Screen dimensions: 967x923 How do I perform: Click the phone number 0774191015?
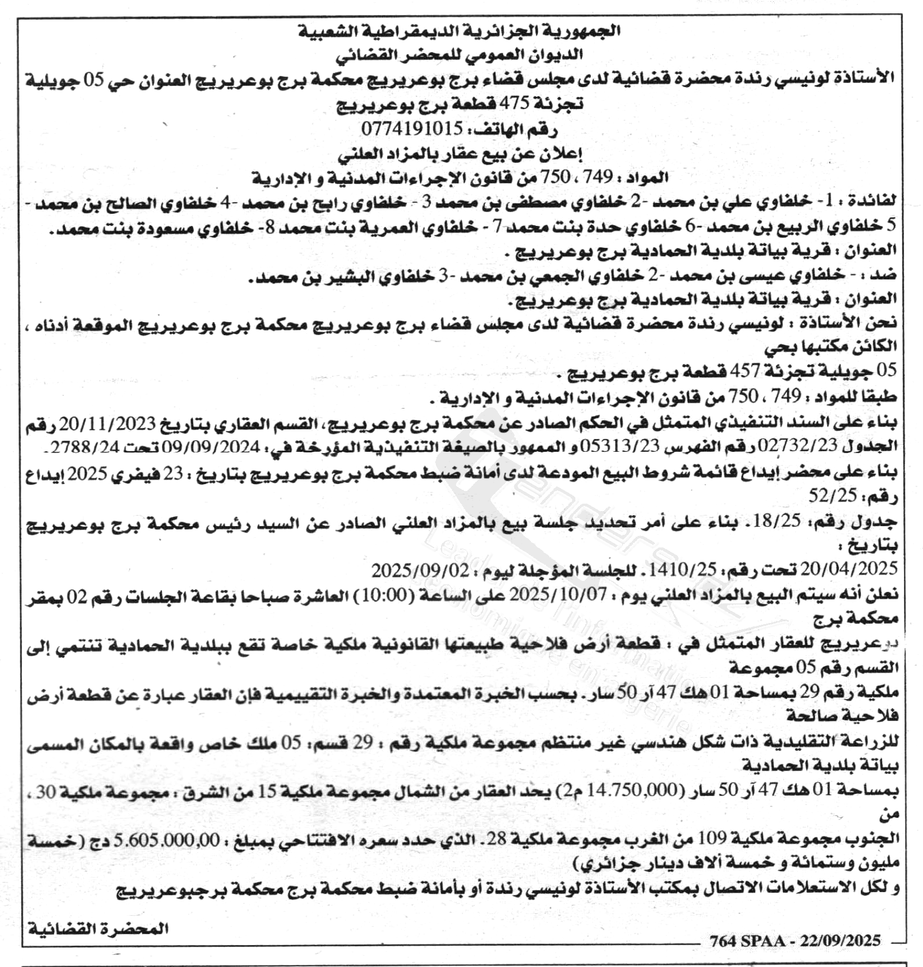[412, 128]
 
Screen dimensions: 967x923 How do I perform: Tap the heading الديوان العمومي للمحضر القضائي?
[459, 55]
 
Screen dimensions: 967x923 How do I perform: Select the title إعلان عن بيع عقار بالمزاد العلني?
[459, 153]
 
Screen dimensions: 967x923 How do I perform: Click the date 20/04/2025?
[849, 569]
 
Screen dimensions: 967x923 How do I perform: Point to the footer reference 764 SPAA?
[747, 941]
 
